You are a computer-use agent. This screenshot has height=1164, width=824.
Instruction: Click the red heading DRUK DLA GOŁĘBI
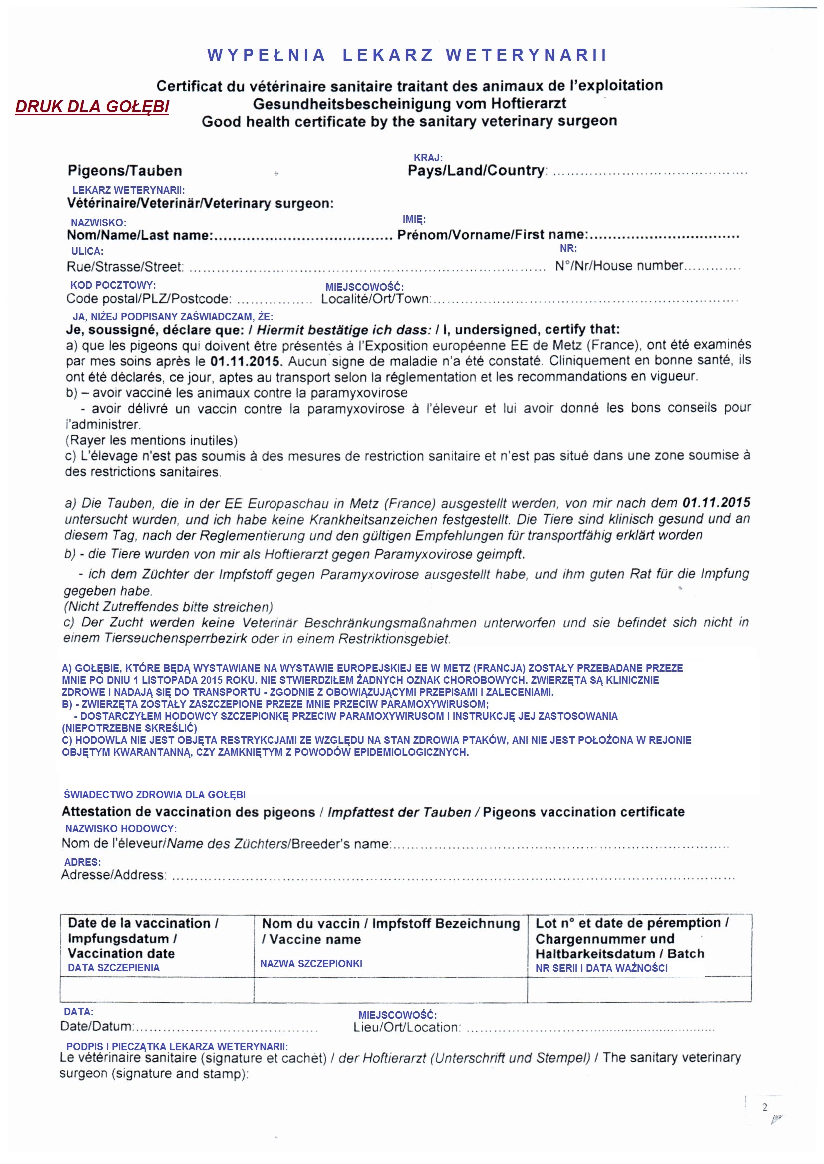click(x=92, y=106)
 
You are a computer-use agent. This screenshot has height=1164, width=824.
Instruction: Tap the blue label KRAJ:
click(x=428, y=158)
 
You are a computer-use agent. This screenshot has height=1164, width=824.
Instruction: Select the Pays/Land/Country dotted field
click(x=650, y=172)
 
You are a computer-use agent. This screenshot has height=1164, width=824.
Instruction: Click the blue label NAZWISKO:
click(x=98, y=222)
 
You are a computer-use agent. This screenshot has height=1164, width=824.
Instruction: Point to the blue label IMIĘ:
click(x=414, y=219)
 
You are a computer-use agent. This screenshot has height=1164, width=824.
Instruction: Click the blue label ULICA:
click(x=87, y=251)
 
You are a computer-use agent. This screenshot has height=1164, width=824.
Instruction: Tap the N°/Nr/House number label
click(x=619, y=266)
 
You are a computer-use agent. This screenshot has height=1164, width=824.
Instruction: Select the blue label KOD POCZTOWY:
click(x=113, y=285)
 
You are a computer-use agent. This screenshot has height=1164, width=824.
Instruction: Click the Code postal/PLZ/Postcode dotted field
click(x=274, y=300)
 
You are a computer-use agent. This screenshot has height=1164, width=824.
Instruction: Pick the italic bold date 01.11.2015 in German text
click(x=716, y=502)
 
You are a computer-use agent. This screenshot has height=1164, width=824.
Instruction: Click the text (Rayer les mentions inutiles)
click(x=151, y=440)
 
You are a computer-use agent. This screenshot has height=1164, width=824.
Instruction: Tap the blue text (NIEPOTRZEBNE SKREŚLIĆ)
click(x=129, y=728)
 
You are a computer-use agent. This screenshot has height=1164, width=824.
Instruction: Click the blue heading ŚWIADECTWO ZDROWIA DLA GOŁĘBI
click(x=155, y=794)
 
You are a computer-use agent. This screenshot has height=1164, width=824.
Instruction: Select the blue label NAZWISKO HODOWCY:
click(x=121, y=828)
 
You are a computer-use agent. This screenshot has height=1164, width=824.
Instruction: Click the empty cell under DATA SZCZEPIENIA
click(x=156, y=989)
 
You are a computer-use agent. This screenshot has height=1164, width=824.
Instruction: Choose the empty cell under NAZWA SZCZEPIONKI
click(x=390, y=989)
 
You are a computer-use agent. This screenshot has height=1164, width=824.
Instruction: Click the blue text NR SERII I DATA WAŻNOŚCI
click(x=601, y=968)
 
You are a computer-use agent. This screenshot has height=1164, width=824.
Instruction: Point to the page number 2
click(x=764, y=1107)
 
